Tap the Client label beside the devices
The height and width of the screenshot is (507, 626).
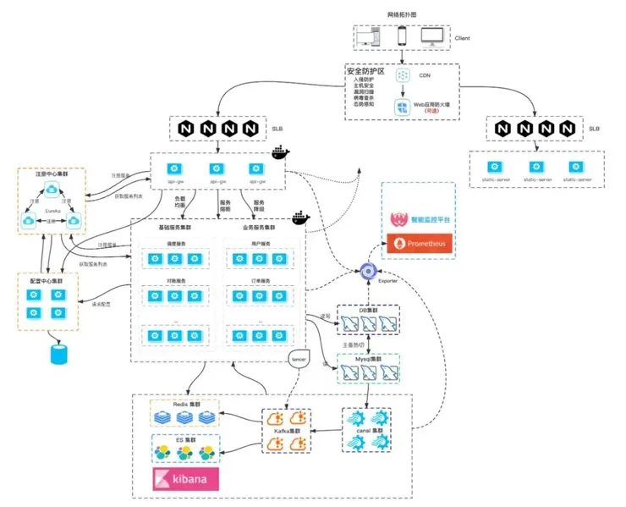[x=463, y=38]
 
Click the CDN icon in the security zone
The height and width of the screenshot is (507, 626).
[x=404, y=75]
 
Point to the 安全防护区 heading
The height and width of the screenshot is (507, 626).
[x=365, y=73]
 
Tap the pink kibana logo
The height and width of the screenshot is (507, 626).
[x=184, y=479]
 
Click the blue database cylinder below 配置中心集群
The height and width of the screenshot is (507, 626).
[x=58, y=353]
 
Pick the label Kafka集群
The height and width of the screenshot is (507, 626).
[x=288, y=431]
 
